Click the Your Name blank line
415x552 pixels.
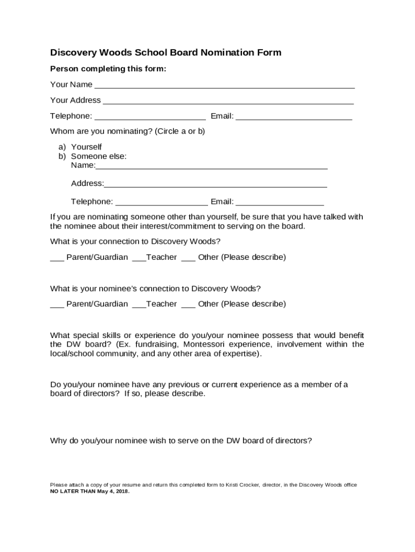[x=224, y=85]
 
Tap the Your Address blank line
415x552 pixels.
[x=228, y=101]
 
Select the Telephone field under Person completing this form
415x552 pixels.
[x=150, y=117]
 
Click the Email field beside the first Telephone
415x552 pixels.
[x=294, y=117]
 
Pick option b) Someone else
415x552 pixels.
[x=99, y=156]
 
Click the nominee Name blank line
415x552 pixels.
[x=211, y=166]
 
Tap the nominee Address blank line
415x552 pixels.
[x=216, y=184]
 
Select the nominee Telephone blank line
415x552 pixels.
[x=161, y=203]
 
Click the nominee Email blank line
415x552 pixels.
[x=280, y=203]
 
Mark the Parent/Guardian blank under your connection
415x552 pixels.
[x=57, y=258]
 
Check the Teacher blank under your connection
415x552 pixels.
[x=139, y=258]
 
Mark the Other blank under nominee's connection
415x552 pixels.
[x=188, y=305]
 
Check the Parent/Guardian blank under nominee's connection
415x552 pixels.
[x=57, y=305]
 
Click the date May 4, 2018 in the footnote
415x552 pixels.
[x=113, y=492]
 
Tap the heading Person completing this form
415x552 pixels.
[x=108, y=69]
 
